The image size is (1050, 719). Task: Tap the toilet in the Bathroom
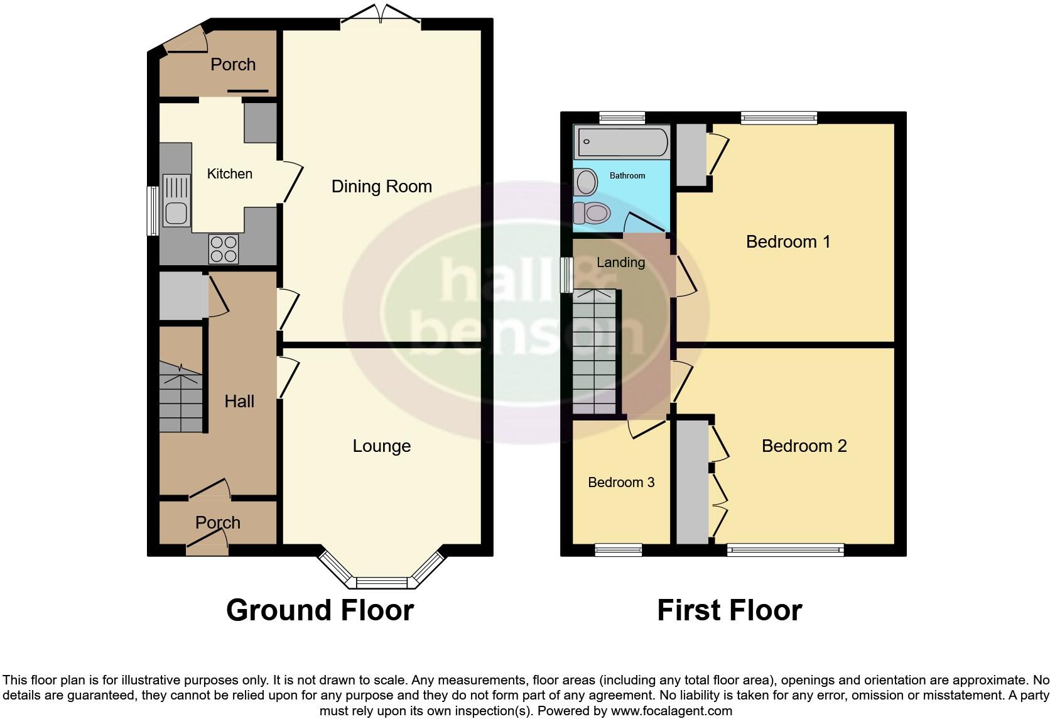[x=592, y=213]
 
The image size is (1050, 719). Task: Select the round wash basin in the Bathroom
[x=587, y=182]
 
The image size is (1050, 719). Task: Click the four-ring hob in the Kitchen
[x=224, y=249]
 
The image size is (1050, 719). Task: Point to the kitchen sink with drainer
[x=176, y=200]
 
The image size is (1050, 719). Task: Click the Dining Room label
[x=381, y=186]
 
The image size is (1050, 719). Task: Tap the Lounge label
[x=381, y=446]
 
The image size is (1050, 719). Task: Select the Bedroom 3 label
[x=620, y=482]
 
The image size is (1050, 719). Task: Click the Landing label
[x=620, y=263]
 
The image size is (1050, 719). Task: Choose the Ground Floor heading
[x=320, y=610]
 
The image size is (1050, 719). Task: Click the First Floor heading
[x=729, y=610]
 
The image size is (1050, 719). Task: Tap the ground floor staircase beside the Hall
[x=181, y=397]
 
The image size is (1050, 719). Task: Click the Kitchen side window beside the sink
[x=152, y=211]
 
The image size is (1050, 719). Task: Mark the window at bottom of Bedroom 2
[x=785, y=550]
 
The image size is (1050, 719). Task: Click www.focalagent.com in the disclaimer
[x=671, y=711]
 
